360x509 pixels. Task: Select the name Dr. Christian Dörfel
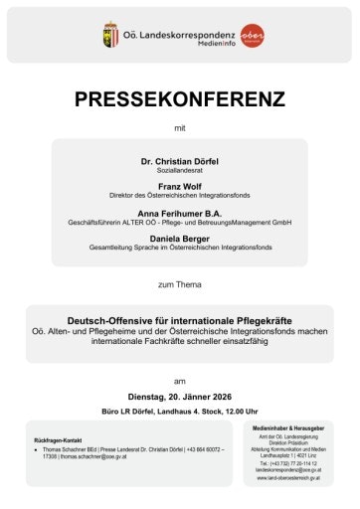click(x=180, y=158)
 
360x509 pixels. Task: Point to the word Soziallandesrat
click(x=180, y=169)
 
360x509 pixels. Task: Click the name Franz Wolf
click(x=180, y=186)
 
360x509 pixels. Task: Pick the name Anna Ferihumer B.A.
click(x=180, y=214)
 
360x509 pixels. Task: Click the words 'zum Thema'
click(x=180, y=284)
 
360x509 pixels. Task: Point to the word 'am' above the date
click(x=180, y=380)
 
